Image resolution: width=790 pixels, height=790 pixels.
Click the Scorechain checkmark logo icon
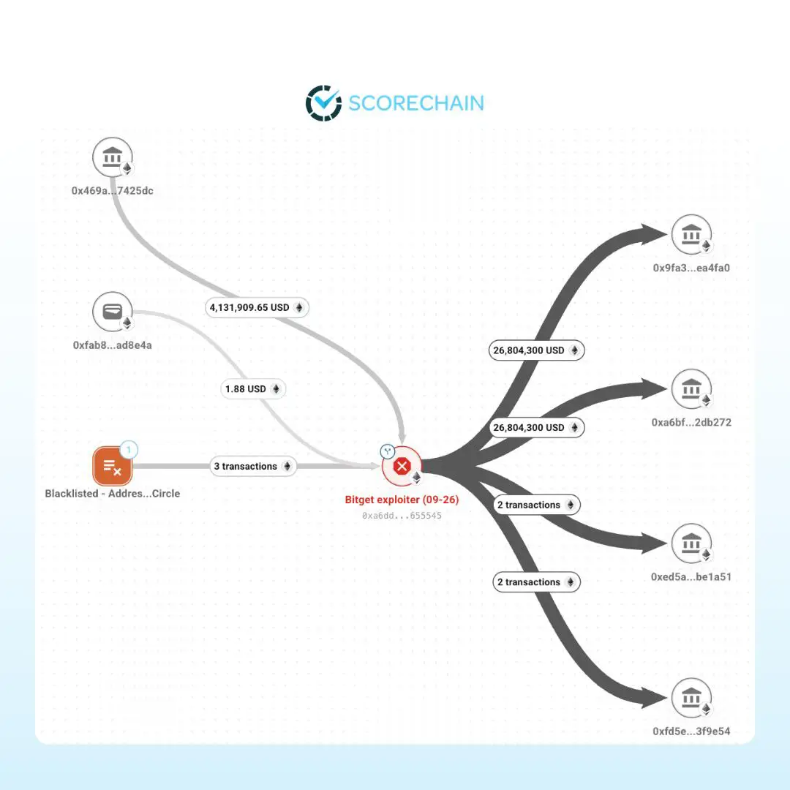323,103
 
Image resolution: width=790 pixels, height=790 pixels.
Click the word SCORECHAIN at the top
416,103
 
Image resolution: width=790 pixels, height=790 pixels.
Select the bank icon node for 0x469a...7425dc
113,157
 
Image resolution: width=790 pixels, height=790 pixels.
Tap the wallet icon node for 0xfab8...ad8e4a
113,312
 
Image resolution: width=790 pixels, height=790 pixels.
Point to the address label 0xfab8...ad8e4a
113,345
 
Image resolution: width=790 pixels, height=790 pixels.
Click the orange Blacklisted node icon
113,466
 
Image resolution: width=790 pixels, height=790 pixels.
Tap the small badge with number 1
129,449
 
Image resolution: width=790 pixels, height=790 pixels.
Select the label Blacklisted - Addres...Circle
113,493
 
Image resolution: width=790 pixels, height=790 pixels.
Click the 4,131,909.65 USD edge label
257,307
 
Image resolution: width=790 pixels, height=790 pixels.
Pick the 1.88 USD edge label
253,389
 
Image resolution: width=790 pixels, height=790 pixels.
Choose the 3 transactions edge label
253,466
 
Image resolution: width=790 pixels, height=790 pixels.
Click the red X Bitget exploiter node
402,466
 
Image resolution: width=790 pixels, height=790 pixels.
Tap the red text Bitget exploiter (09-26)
402,500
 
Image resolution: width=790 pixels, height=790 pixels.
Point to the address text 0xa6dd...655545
402,516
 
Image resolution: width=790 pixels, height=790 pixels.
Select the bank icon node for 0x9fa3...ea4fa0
691,235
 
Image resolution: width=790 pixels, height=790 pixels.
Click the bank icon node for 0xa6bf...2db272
691,389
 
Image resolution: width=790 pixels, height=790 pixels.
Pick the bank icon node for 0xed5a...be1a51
691,543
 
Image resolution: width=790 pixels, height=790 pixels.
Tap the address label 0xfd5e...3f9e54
691,731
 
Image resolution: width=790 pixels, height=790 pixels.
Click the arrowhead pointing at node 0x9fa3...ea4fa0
653,235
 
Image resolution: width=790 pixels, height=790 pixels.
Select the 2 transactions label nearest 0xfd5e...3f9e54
537,582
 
